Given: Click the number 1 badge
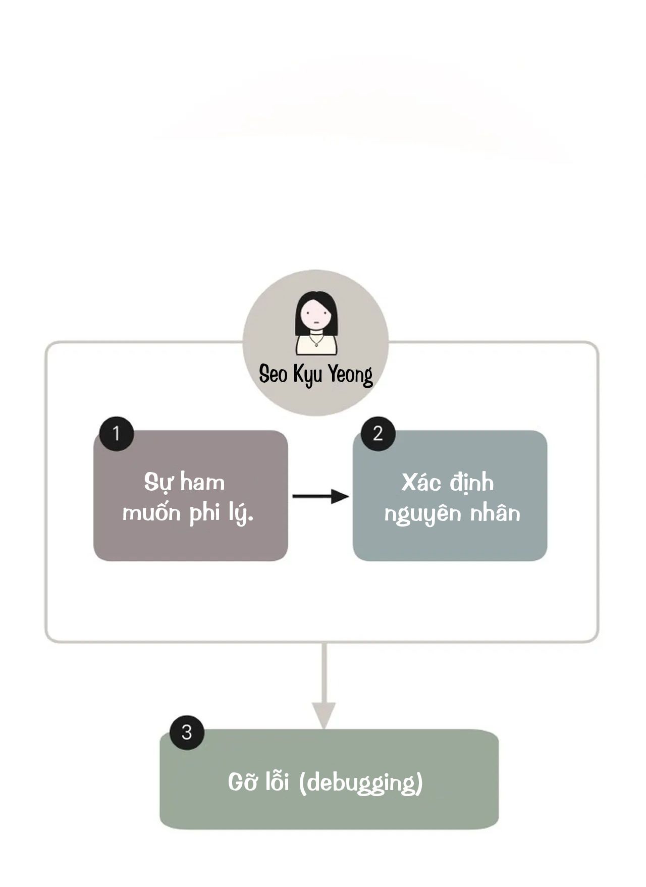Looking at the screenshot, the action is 117,434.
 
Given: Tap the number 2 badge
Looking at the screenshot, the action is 378,434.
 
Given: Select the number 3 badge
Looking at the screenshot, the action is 187,732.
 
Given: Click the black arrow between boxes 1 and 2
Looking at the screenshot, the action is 321,496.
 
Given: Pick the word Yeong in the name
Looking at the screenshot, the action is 350,376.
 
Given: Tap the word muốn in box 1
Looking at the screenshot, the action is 152,512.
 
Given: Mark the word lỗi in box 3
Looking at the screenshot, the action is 277,781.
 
